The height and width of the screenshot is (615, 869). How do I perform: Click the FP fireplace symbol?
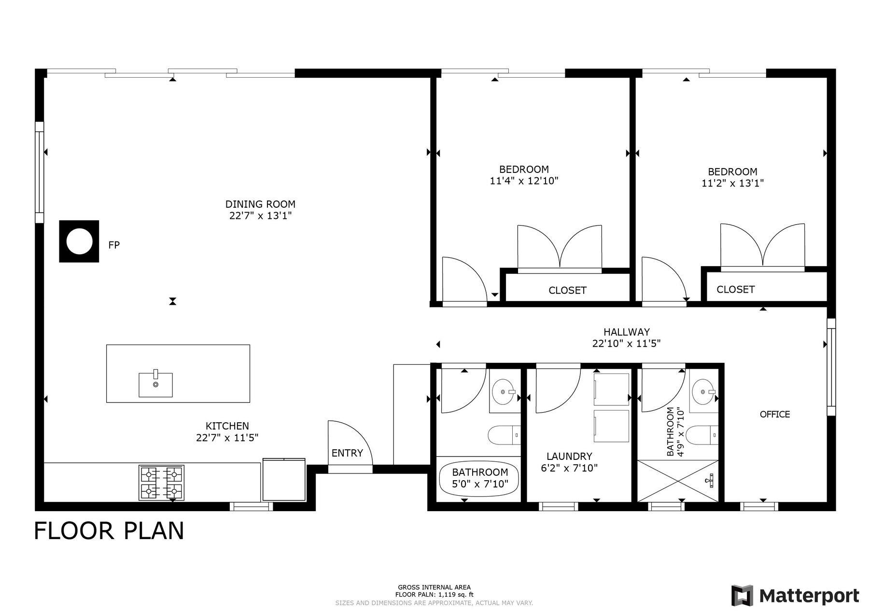79,242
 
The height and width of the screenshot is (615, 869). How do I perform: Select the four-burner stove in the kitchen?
161,483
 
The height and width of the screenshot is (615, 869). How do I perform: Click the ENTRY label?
347,453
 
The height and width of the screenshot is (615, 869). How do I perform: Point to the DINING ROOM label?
260,204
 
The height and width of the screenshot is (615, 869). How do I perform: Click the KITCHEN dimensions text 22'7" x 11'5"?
227,438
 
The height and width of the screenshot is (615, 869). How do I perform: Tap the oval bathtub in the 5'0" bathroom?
479,479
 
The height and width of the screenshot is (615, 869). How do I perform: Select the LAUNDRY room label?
569,457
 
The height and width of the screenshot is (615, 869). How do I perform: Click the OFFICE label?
775,414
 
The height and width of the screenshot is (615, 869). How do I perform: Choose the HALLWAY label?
627,332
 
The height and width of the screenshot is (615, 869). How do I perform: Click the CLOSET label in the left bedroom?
567,290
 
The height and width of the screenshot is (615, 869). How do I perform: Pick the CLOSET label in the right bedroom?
735,289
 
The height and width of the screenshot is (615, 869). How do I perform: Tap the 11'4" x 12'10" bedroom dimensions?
524,181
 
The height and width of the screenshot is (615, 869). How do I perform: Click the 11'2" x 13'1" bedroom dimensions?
732,184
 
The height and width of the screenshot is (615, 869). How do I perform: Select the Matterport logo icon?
742,595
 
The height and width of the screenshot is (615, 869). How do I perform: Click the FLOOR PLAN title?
109,530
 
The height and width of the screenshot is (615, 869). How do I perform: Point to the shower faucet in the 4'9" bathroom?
710,479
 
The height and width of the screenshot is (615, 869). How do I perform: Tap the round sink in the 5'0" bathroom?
505,392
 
